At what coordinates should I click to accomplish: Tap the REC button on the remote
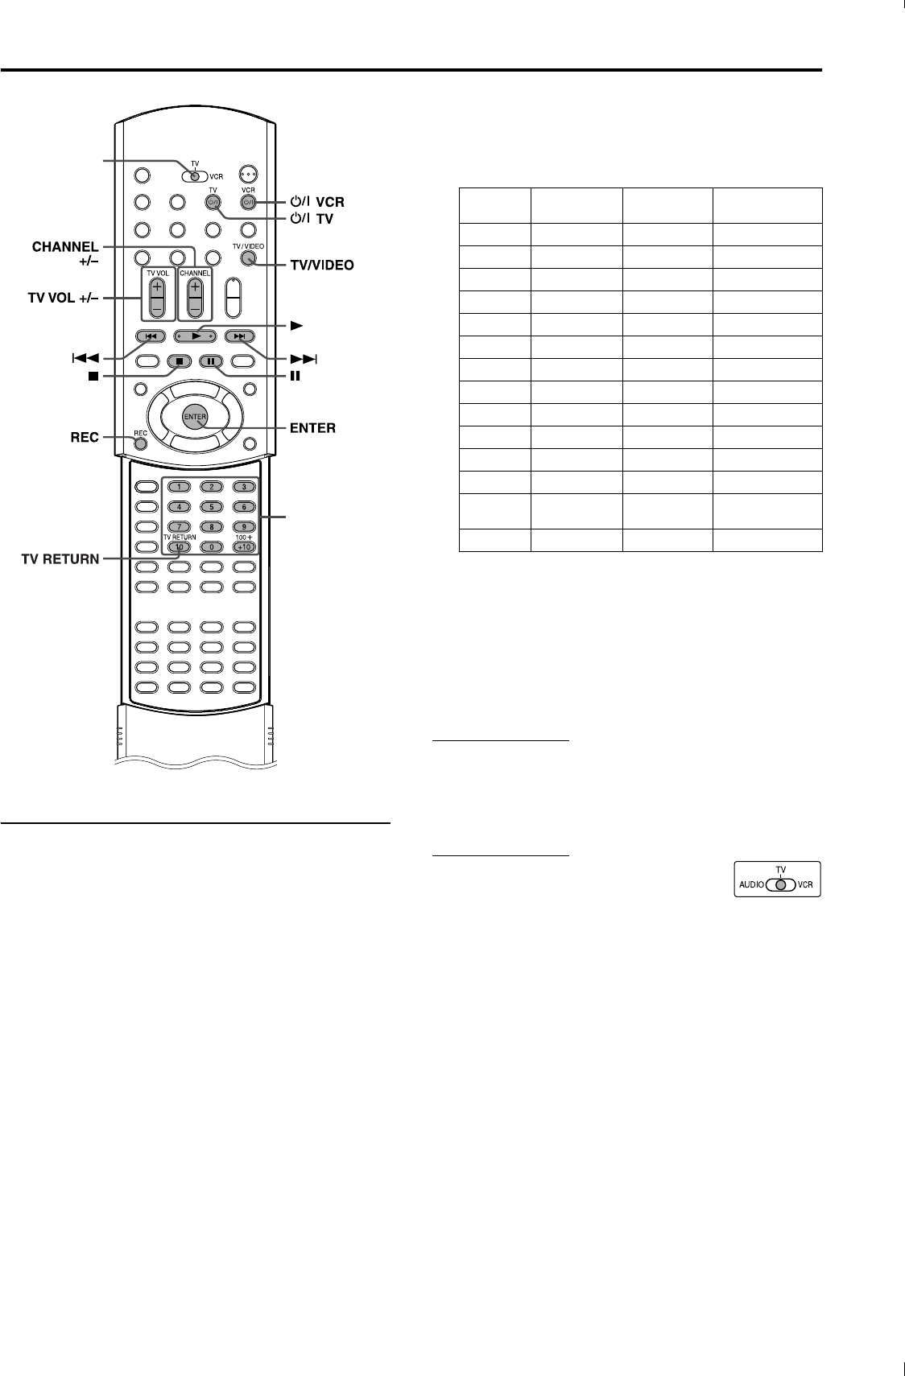[x=141, y=442]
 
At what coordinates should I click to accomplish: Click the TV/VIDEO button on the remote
[x=248, y=259]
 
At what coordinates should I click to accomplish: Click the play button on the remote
[x=196, y=336]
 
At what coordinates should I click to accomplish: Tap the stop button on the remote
[x=179, y=361]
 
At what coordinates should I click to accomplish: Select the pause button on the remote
[x=210, y=361]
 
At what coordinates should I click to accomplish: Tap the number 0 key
[x=211, y=547]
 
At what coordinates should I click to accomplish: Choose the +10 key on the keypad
[x=243, y=547]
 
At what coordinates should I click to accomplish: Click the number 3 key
[x=243, y=487]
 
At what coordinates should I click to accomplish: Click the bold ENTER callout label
[x=312, y=428]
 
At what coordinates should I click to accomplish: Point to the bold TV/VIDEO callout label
[x=321, y=264]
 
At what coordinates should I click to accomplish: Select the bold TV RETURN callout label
[x=60, y=558]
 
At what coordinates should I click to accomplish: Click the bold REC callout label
[x=84, y=437]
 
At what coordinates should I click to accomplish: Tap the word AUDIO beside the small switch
[x=752, y=884]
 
